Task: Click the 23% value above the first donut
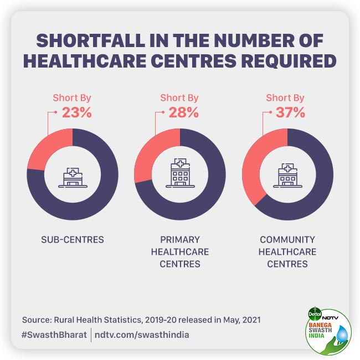(76, 112)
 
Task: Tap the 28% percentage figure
(183, 112)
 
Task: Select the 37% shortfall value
(290, 112)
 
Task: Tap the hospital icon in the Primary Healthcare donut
(179, 174)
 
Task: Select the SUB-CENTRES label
(73, 240)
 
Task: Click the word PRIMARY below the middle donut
(179, 240)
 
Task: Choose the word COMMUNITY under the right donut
(287, 240)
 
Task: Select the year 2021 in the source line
(249, 320)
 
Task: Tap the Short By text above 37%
(285, 98)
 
